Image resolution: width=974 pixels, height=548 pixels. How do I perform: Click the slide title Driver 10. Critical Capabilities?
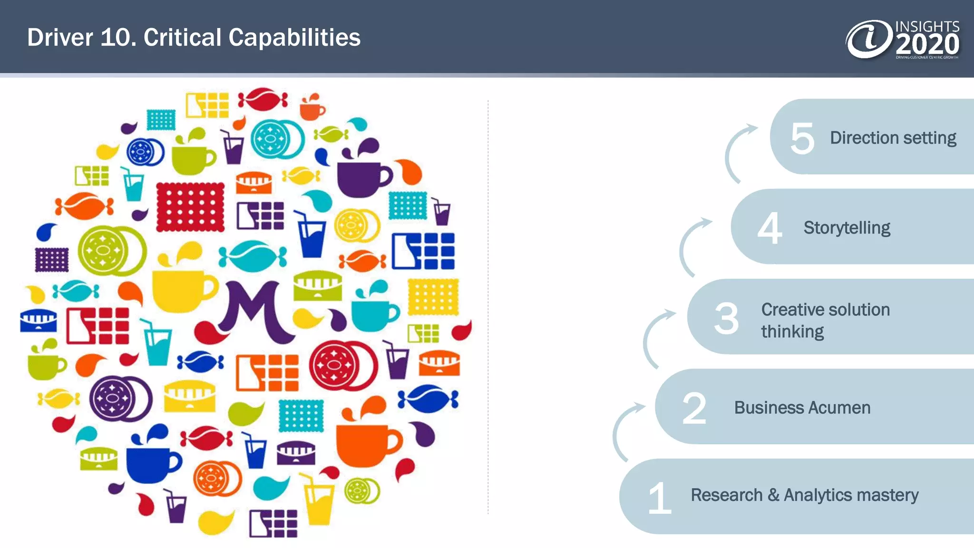tap(194, 38)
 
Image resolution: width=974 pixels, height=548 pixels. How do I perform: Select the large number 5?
tap(802, 138)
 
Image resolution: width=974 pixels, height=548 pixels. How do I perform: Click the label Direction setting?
tap(893, 138)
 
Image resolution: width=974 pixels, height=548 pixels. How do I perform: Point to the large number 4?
tap(769, 228)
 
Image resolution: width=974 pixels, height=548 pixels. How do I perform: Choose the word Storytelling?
tap(847, 228)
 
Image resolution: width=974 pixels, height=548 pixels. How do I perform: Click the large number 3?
tap(726, 318)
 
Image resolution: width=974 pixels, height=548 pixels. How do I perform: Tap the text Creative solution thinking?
tap(825, 320)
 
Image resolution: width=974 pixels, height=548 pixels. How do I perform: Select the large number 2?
tap(694, 408)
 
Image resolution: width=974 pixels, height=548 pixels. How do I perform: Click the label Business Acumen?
tap(802, 408)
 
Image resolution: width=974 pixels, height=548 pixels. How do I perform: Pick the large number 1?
tap(660, 498)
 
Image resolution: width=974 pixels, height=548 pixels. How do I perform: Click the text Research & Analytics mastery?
tap(804, 495)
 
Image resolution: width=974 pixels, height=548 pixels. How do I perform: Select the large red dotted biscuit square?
tap(190, 207)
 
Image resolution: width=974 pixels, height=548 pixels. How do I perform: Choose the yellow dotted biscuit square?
tap(433, 297)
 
